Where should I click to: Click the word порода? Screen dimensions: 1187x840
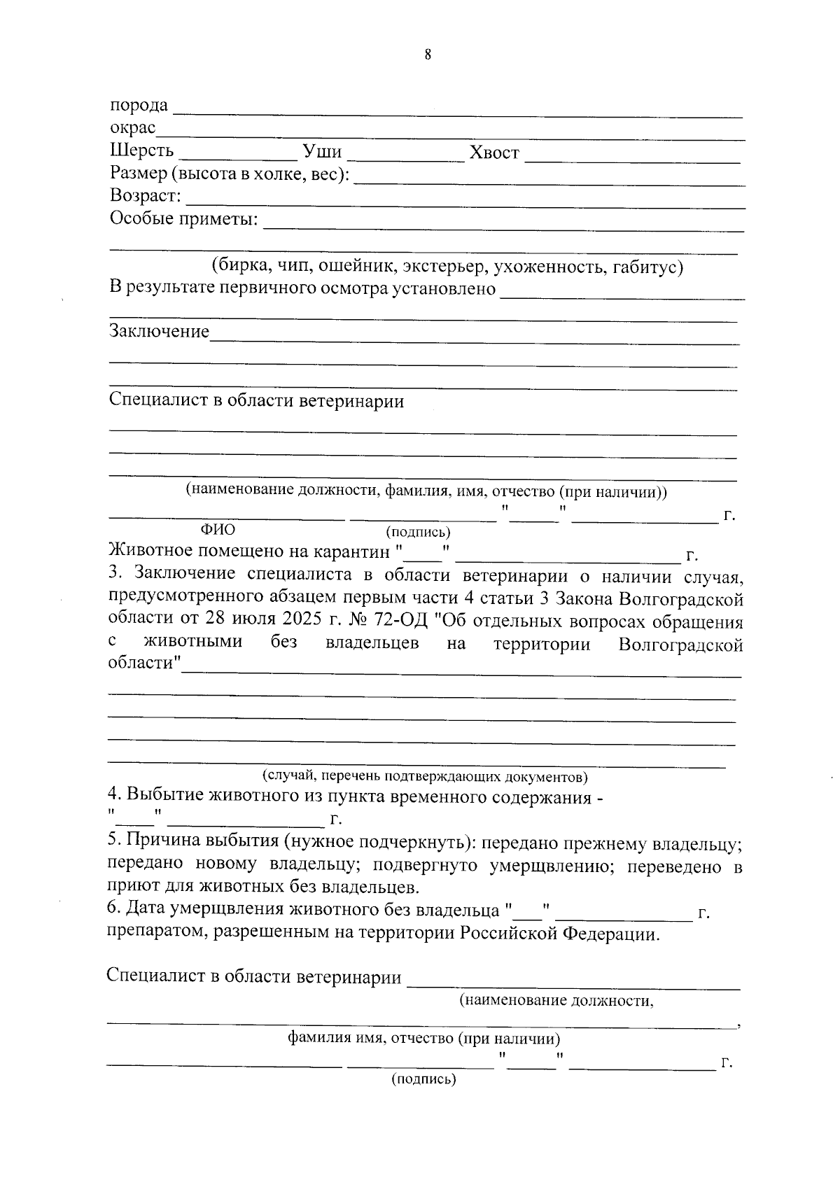tap(139, 106)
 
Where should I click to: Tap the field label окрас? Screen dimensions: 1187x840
tap(132, 128)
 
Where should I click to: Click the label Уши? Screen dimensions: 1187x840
tap(322, 151)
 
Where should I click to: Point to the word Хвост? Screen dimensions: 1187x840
tap(494, 153)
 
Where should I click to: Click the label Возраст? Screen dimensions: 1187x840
tap(145, 196)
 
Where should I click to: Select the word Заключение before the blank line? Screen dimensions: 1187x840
tap(159, 331)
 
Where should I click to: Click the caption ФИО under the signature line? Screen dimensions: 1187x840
tap(218, 530)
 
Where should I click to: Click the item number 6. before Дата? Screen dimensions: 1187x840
tap(115, 910)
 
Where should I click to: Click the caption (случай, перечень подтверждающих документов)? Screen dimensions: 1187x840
tap(424, 776)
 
